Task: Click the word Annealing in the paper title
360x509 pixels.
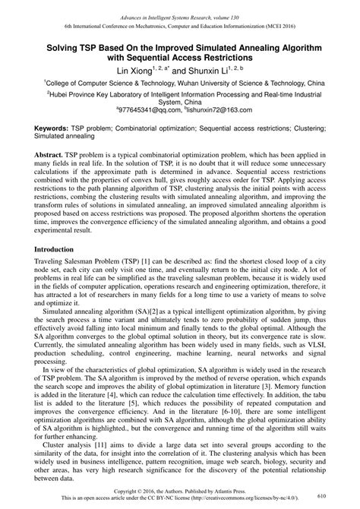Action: click(x=242, y=47)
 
